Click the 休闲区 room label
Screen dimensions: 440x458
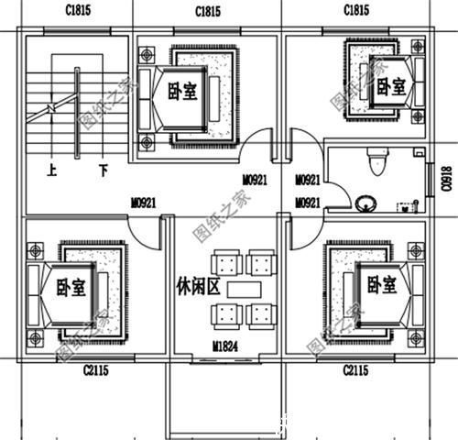[x=198, y=288]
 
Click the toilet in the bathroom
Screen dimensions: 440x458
[x=373, y=162]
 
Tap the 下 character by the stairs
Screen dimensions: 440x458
[x=104, y=170]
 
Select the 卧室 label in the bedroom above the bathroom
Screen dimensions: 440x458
[x=391, y=86]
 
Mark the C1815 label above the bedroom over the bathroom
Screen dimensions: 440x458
[x=356, y=10]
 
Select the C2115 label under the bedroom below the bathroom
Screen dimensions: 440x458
[x=356, y=370]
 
